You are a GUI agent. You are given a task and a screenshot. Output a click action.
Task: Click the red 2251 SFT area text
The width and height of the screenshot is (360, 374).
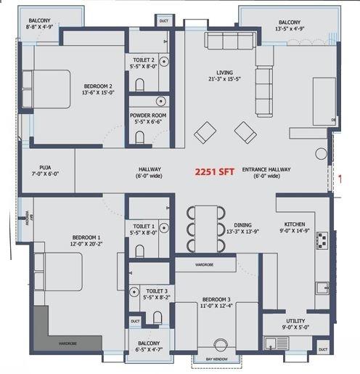(x=213, y=173)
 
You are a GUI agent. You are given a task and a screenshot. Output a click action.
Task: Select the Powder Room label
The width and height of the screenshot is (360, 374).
(x=150, y=115)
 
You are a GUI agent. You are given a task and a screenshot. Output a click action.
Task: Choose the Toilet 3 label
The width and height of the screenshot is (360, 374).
(x=150, y=290)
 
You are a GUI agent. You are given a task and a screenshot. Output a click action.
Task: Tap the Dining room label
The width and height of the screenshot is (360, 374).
(x=243, y=225)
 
